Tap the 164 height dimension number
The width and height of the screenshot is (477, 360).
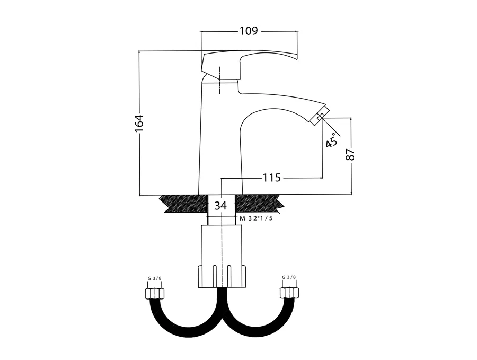click(x=139, y=122)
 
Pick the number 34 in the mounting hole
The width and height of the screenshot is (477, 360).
click(x=221, y=205)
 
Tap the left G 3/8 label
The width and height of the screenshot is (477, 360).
click(x=155, y=277)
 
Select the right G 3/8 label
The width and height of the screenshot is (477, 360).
click(x=289, y=277)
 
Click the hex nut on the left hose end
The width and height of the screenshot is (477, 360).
click(x=155, y=293)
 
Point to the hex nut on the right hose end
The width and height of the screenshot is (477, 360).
click(x=289, y=293)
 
